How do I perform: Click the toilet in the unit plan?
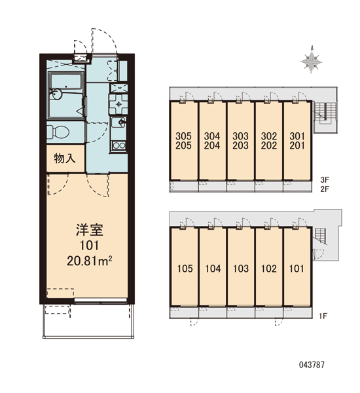(58, 132)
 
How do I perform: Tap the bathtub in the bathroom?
(65, 81)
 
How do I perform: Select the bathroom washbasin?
(56, 94)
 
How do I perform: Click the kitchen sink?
(118, 122)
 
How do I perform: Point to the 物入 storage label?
(65, 159)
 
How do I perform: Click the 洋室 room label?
(90, 230)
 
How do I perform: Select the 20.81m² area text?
(89, 261)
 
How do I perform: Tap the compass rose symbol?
(311, 60)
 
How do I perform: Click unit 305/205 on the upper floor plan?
(184, 141)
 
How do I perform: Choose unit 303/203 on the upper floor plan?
(240, 141)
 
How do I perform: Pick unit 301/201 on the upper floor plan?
(297, 141)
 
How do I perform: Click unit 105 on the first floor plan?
(185, 269)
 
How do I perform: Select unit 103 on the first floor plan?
(241, 269)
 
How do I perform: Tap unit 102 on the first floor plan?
(269, 269)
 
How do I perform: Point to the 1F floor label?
(323, 316)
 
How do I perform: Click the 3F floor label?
(325, 179)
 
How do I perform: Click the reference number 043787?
(312, 364)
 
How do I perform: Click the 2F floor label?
(325, 189)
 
